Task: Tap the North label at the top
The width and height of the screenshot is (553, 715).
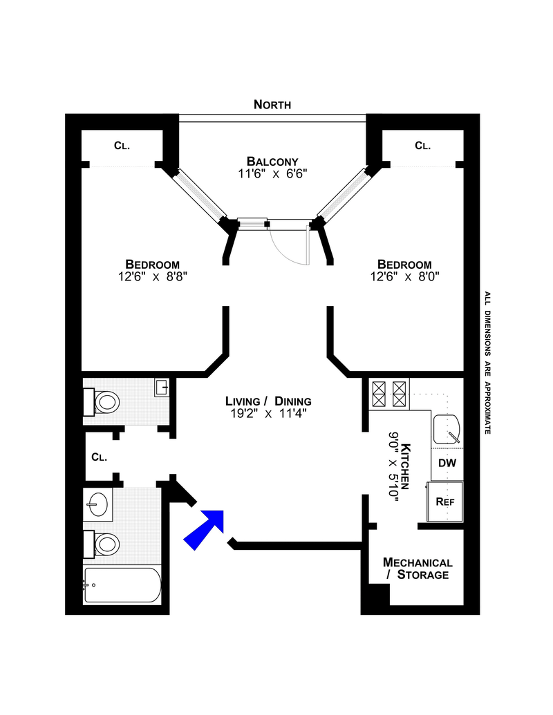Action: [272, 105]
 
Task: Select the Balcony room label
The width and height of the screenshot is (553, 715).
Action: [272, 162]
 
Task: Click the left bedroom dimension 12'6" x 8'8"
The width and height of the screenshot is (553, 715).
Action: [152, 277]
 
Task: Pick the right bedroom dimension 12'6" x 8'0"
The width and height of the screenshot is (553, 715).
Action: [404, 277]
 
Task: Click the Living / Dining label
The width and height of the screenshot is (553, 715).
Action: [268, 401]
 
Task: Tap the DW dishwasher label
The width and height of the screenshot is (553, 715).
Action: [447, 464]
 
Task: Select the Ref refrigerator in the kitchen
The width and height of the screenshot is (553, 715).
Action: [445, 502]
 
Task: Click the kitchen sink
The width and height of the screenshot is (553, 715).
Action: [447, 430]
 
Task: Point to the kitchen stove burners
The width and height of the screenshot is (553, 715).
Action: [389, 394]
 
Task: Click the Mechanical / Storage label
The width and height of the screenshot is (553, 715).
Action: [418, 569]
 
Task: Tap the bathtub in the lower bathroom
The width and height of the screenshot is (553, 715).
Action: [122, 585]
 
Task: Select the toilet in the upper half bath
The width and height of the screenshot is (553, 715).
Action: [102, 402]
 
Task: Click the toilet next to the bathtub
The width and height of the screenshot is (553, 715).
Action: [102, 544]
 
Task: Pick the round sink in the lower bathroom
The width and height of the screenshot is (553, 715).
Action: [98, 505]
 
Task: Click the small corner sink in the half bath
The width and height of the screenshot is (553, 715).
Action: [162, 388]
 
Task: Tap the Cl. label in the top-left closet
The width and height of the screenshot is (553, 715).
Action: [122, 146]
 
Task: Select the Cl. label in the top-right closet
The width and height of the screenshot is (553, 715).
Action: [422, 146]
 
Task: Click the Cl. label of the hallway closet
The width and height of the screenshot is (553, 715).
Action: [100, 457]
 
